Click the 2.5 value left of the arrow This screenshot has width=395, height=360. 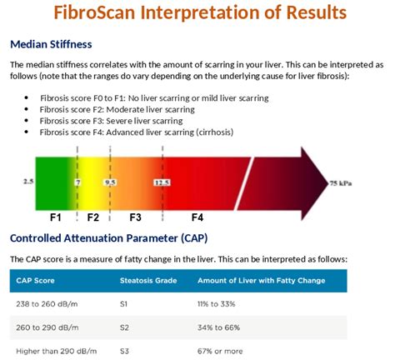pyautogui.click(x=27, y=180)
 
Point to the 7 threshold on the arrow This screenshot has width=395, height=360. pyautogui.click(x=77, y=181)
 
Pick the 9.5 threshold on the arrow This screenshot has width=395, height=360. pyautogui.click(x=110, y=181)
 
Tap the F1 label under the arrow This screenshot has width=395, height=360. pyautogui.click(x=55, y=217)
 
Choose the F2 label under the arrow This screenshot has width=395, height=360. pyautogui.click(x=92, y=217)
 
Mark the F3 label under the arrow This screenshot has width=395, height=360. pyautogui.click(x=135, y=217)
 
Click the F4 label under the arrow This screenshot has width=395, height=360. pyautogui.click(x=197, y=217)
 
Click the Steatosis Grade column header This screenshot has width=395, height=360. pyautogui.click(x=149, y=280)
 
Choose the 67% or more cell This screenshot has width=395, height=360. pyautogui.click(x=221, y=351)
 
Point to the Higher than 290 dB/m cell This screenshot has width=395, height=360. pyautogui.click(x=57, y=351)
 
